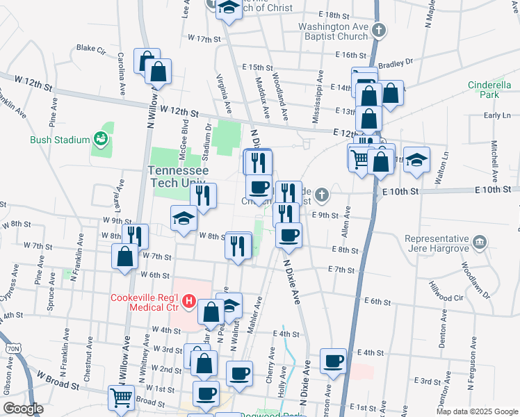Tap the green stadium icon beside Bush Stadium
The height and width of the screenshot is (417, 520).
101,139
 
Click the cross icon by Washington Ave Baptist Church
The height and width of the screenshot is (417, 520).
378,31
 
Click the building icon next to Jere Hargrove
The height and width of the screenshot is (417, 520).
480,243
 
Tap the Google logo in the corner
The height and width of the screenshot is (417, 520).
22,409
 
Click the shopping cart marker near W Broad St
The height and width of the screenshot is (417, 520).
122,398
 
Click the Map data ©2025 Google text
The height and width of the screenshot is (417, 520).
476,411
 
